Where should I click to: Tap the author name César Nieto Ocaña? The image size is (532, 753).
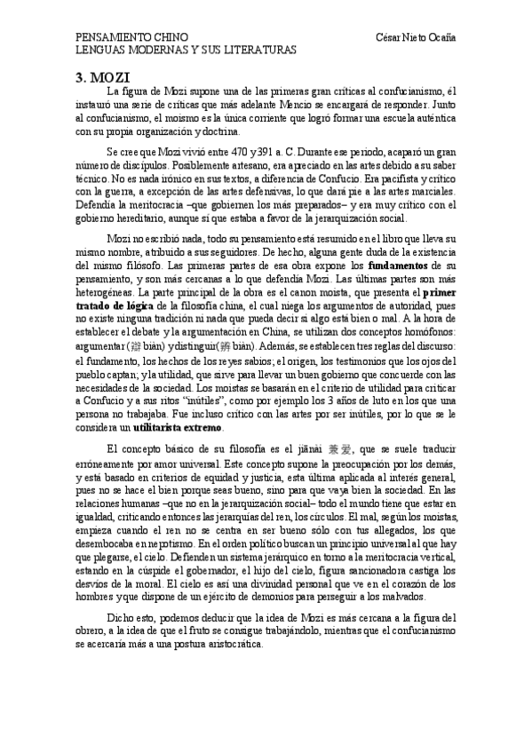tap(417, 39)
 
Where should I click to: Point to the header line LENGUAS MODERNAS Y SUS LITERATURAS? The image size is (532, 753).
tap(185, 51)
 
